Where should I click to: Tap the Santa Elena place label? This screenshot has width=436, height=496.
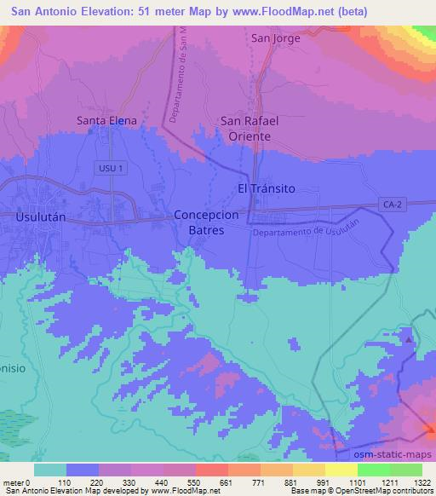(x=106, y=121)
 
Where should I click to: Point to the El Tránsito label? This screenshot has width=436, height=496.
(x=265, y=189)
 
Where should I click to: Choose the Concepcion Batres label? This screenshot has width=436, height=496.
(x=199, y=223)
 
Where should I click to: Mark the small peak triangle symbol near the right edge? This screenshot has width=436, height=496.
(x=409, y=339)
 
